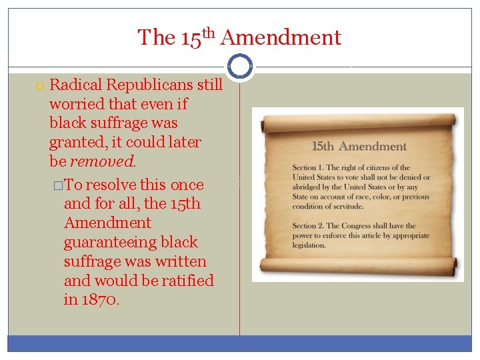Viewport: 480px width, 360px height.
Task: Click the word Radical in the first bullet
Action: pos(74,85)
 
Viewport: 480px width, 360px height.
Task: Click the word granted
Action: pos(75,142)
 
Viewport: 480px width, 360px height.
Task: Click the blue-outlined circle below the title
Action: pos(240,67)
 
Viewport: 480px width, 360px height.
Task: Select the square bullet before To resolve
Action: pos(58,185)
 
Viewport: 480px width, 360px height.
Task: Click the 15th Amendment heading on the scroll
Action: pos(359,146)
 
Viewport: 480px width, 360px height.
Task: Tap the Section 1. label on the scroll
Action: pos(311,167)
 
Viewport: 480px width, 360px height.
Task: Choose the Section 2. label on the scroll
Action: pos(311,226)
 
